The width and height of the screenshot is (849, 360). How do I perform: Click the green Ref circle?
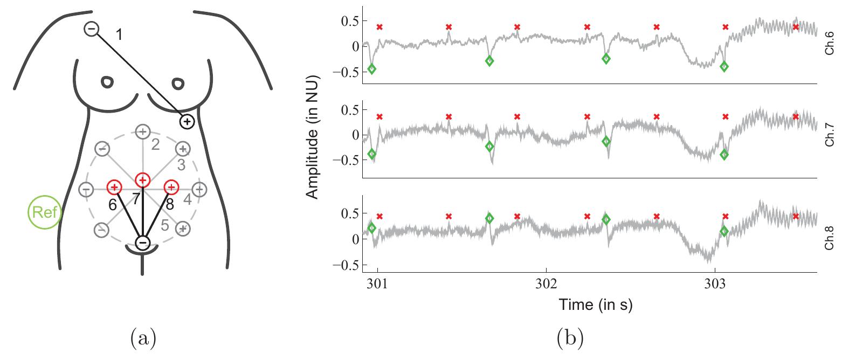point(45,212)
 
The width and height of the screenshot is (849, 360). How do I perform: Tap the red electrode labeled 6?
point(114,187)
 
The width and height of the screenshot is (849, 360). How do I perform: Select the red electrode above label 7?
point(142,179)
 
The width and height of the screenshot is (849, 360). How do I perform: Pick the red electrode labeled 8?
point(171,187)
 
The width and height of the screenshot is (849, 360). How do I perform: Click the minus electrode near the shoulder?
point(92,30)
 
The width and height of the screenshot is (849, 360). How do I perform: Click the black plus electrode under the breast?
point(187,122)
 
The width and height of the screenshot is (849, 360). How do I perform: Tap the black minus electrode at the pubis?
point(142,243)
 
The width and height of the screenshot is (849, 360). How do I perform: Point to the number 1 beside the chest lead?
point(119,36)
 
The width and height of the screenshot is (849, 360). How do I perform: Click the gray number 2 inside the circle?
point(155,144)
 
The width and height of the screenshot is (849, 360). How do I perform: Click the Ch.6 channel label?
point(831,43)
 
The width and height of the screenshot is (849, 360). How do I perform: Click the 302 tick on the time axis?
point(546,283)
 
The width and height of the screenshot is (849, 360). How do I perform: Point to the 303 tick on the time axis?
point(715,283)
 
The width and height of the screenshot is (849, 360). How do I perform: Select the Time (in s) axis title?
point(595,305)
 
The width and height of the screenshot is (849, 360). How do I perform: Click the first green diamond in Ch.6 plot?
point(371,68)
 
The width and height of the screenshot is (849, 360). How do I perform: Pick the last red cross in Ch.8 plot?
point(796,216)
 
